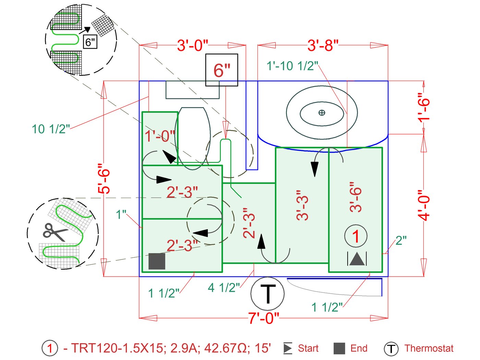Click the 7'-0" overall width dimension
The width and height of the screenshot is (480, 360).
click(x=264, y=318)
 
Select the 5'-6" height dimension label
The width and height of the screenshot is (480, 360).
click(x=104, y=178)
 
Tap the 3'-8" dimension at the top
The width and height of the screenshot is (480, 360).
click(x=323, y=46)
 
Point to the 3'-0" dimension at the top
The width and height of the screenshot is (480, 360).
click(x=192, y=46)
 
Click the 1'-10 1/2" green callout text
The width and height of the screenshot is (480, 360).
click(x=292, y=66)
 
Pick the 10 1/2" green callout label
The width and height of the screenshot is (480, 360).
click(x=51, y=129)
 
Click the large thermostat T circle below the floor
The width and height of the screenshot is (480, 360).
click(x=267, y=294)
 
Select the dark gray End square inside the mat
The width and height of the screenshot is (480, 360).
click(x=157, y=261)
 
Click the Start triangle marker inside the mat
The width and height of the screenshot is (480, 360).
click(x=357, y=259)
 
